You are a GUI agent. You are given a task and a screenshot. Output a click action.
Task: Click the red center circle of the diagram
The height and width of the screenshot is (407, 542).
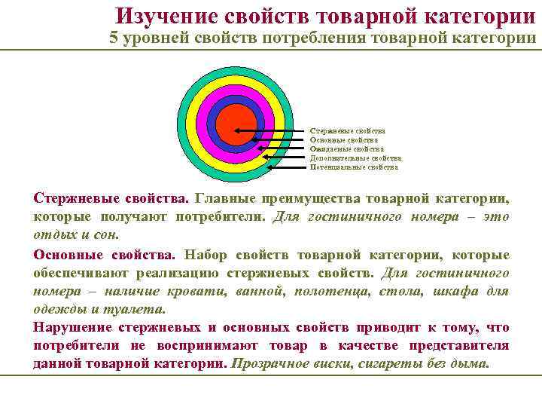235,122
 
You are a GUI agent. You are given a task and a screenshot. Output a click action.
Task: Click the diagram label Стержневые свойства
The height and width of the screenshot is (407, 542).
347,130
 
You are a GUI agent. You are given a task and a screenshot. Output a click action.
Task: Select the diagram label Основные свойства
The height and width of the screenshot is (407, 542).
343,139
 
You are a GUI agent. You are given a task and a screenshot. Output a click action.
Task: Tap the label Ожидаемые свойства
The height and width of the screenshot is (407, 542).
346,148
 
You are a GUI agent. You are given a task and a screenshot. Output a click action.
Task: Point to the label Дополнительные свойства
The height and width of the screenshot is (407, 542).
355,158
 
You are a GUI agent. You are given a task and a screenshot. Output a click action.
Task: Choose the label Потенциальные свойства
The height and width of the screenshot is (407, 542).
353,167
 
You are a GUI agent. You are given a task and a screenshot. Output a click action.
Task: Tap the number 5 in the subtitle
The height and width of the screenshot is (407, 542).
114,38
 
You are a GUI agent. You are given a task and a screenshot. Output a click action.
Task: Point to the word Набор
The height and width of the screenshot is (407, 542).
210,255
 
